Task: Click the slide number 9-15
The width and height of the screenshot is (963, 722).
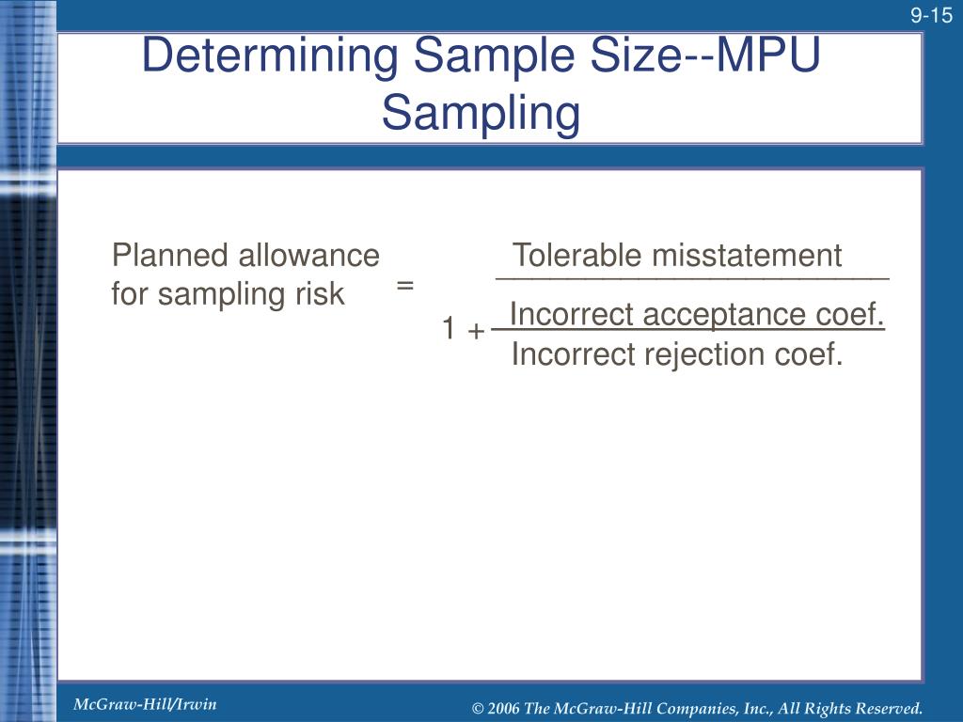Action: [931, 16]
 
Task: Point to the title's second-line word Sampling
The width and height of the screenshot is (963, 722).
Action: [481, 113]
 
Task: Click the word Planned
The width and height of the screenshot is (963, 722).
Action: [170, 256]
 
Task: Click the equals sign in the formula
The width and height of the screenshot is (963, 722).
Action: [405, 285]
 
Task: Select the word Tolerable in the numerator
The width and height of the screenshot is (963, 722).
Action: [577, 256]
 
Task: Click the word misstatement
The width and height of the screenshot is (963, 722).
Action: [747, 256]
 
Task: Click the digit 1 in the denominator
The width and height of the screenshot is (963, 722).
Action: [450, 329]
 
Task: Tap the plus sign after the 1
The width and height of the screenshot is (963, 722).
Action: [476, 330]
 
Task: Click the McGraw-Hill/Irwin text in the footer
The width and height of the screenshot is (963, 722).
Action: [145, 704]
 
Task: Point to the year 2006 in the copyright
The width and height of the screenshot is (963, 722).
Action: [505, 708]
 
